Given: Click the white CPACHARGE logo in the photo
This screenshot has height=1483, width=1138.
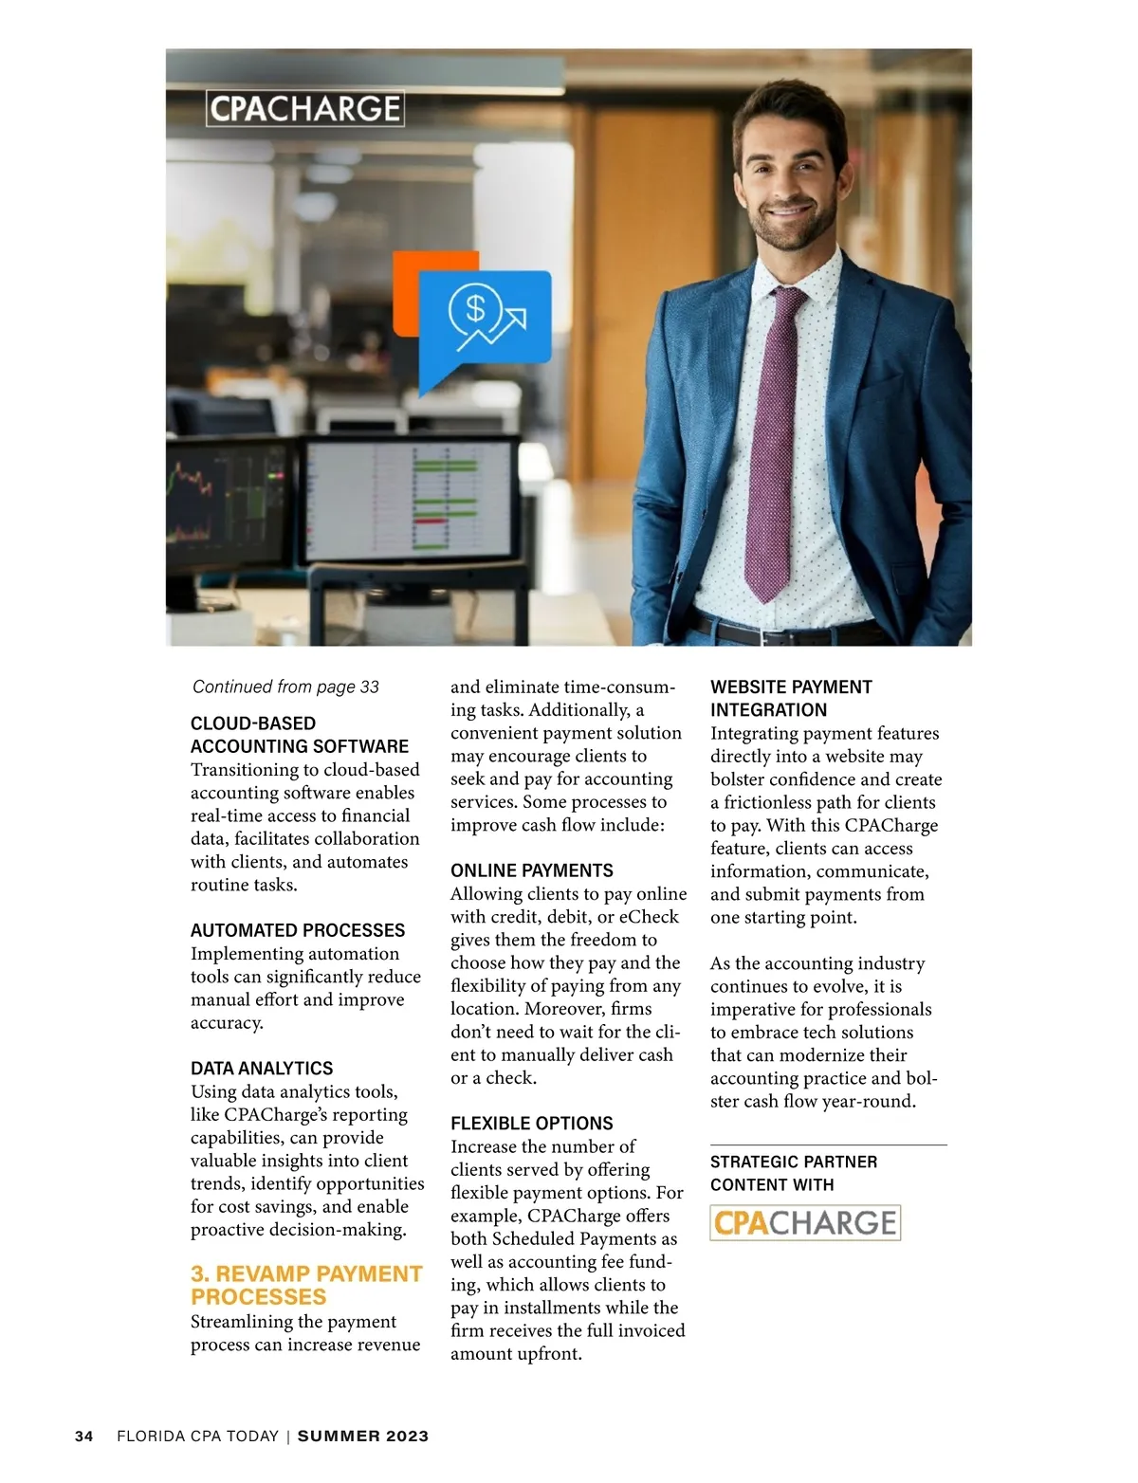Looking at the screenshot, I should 304,108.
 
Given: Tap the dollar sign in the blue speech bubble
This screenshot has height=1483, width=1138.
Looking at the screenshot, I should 475,307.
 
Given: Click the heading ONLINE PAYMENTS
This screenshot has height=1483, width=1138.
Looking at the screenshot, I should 531,870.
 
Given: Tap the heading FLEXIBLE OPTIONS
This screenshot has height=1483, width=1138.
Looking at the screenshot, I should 531,1124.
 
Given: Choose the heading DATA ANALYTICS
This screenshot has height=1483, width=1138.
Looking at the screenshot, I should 262,1069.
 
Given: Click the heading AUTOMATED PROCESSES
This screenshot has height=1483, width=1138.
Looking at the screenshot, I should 298,930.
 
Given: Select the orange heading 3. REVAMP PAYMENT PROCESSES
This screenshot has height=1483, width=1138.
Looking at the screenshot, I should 305,1285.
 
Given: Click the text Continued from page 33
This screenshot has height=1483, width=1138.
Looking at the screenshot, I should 285,687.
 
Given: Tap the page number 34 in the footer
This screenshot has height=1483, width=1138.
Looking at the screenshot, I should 84,1436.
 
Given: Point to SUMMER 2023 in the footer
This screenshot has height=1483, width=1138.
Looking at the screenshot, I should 363,1436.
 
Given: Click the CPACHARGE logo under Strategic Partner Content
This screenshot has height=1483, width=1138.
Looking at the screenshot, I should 804,1222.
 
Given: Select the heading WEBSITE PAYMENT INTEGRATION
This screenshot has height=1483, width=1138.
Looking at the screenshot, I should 791,698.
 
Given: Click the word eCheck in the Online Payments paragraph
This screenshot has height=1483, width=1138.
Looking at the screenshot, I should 649,917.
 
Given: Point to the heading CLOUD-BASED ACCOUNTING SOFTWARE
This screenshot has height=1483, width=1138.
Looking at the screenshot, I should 300,735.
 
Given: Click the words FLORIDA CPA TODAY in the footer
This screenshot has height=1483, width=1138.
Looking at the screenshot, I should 197,1436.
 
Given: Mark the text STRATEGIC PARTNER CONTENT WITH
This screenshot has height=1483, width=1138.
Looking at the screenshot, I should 793,1173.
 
